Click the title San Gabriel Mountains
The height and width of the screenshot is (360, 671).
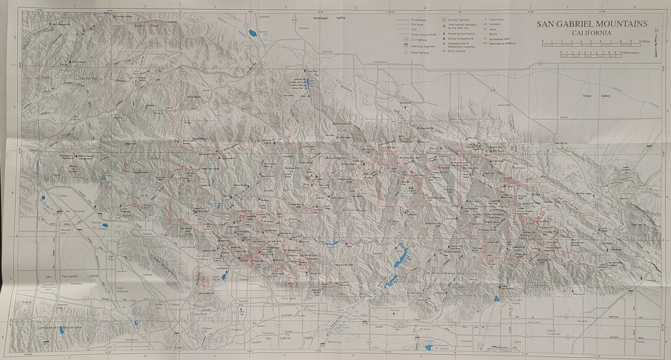tap(592, 24)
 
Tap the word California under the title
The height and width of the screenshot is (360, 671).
tap(591, 32)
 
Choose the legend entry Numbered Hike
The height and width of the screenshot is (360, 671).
tap(504, 39)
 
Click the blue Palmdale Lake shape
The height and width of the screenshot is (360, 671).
tap(255, 34)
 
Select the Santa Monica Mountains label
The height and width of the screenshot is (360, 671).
tap(59, 326)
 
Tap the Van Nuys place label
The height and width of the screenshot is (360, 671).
tap(75, 284)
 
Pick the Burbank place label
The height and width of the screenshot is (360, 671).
tap(148, 275)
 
